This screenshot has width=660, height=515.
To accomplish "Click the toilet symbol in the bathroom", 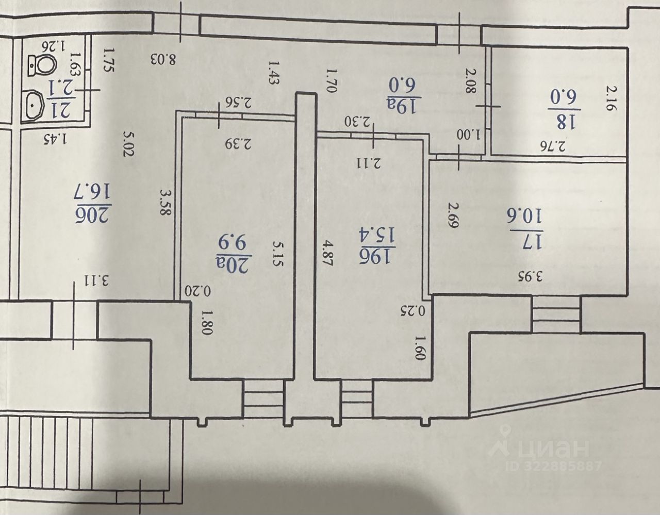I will click(x=43, y=64).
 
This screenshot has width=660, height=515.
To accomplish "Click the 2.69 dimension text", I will click(x=453, y=216).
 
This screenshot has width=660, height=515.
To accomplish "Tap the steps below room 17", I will click(x=556, y=314).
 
